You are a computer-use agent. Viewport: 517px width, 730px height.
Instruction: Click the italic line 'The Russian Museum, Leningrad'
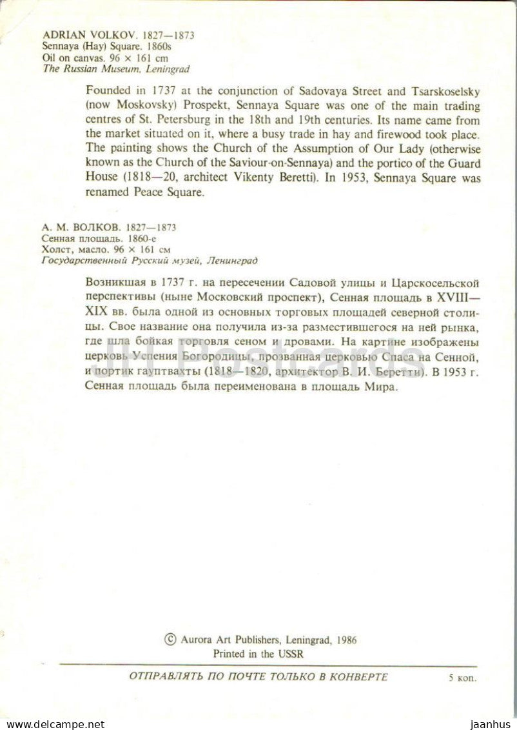click(116, 68)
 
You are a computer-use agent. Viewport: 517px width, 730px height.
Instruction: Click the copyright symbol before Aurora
click(170, 640)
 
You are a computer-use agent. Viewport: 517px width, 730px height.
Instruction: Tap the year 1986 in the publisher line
click(345, 640)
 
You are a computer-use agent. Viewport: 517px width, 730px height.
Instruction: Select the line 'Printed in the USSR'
click(258, 653)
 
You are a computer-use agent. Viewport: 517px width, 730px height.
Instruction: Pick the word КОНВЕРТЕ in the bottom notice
click(358, 676)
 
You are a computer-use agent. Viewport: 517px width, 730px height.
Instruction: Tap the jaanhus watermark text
click(493, 724)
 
